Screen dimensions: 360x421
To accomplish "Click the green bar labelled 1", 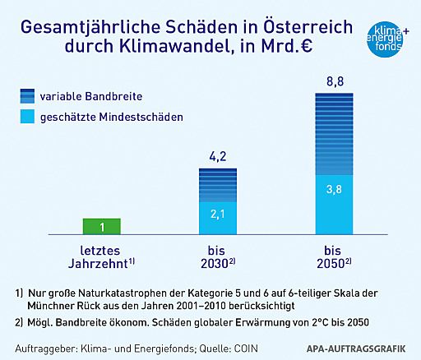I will coord(103,226).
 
